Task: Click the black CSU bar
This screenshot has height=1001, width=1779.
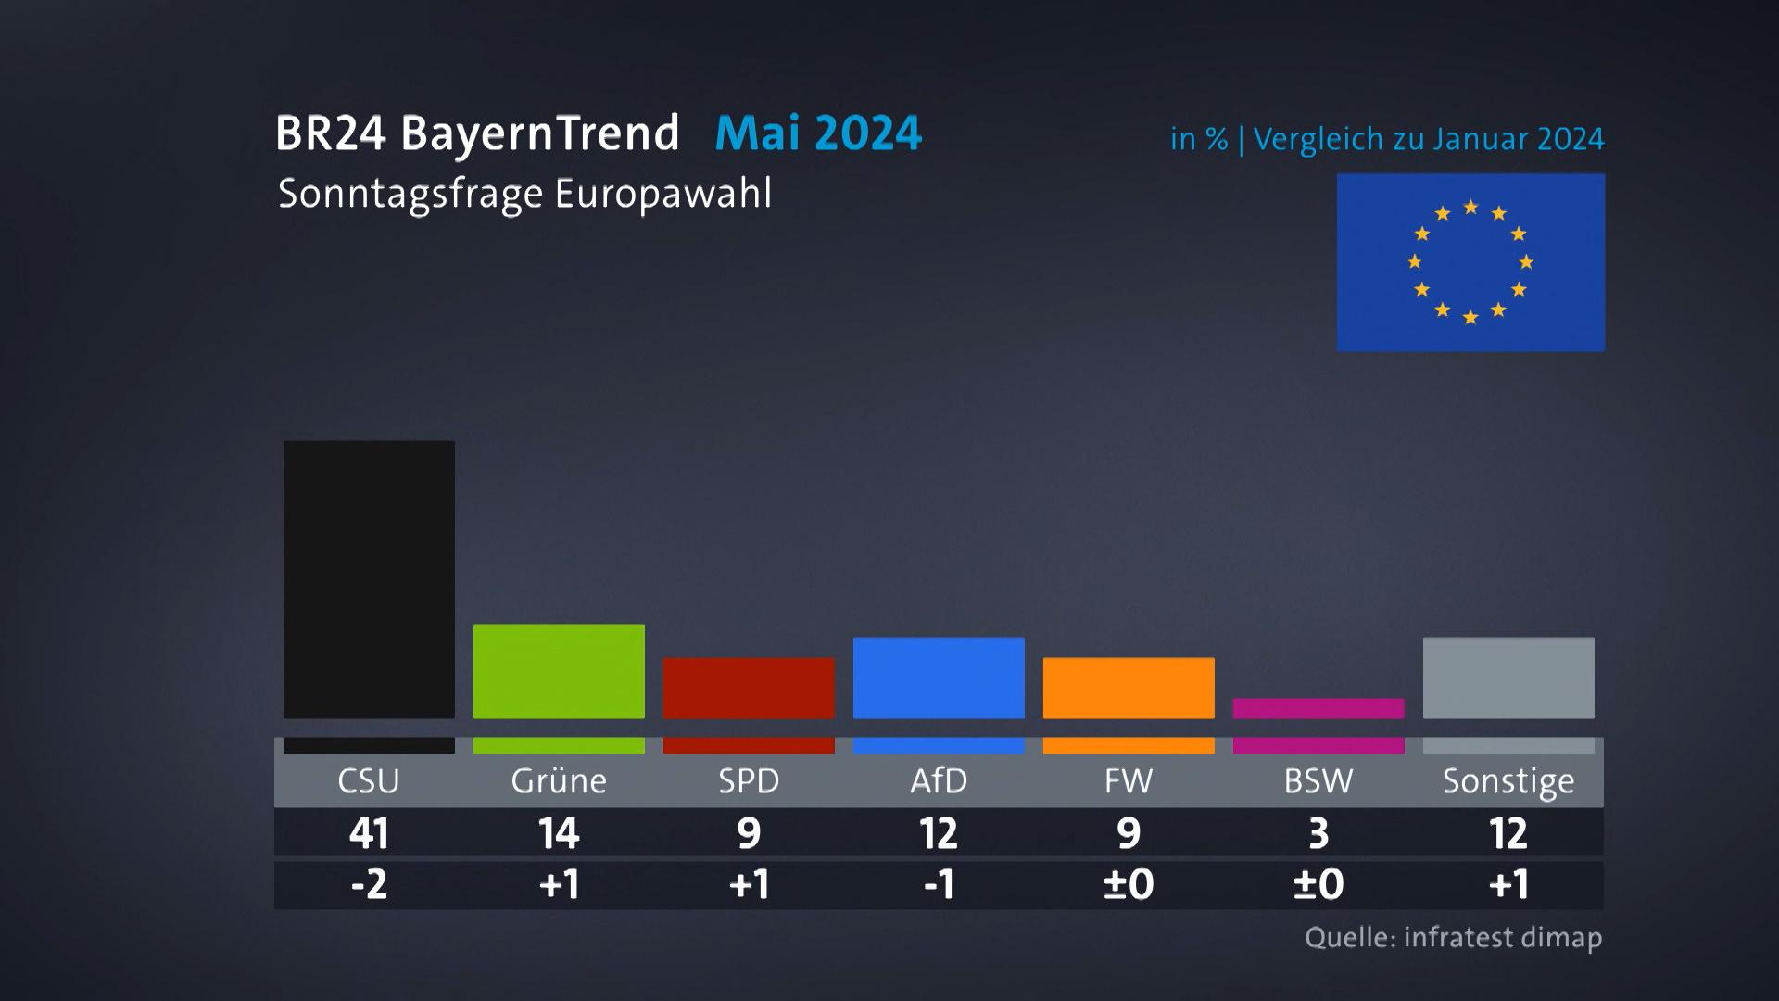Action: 369,579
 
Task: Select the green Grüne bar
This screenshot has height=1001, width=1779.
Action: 559,671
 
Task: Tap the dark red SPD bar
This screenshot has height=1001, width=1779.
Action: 749,688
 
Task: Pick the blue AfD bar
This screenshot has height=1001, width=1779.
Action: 939,678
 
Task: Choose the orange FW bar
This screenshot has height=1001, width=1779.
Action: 1129,688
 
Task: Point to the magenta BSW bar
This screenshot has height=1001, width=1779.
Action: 1318,708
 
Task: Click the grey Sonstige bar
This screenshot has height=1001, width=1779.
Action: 1508,678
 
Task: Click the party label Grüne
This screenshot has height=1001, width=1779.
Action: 559,781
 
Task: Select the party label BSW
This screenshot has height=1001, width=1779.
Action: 1318,781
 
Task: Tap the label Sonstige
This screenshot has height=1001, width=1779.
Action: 1508,781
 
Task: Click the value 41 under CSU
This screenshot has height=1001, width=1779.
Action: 369,833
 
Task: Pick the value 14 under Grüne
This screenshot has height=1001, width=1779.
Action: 559,833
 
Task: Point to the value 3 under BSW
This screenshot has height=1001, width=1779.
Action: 1318,833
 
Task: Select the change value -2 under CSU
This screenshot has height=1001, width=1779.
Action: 369,884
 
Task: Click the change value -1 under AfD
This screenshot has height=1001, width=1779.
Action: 939,884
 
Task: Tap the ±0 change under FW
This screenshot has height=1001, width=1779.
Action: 1129,884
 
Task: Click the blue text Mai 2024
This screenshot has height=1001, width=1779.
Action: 818,133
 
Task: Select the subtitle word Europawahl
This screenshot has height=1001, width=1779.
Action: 663,195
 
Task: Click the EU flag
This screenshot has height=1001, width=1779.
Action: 1470,262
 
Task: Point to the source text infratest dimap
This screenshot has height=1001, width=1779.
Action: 1502,937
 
